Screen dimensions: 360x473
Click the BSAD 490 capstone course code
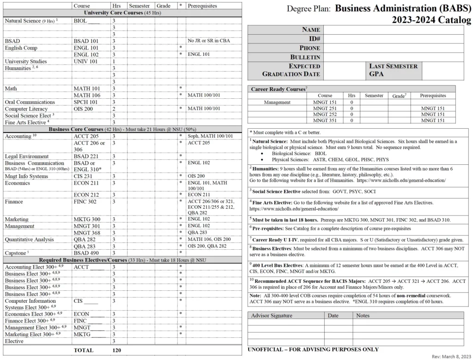86,253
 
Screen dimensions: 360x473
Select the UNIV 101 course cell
86,61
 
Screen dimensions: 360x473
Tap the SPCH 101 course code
86,102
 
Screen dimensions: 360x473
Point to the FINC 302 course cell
85,202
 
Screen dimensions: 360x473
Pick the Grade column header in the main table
163,6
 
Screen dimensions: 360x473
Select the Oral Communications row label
30,102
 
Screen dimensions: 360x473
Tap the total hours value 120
116,350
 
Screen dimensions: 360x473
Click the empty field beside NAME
393,30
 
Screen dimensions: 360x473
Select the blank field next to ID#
393,39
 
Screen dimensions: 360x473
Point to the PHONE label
309,48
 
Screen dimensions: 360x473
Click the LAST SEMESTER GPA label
393,70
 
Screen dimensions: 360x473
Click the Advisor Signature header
272,316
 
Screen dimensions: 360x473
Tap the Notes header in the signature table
363,316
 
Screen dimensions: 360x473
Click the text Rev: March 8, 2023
451,357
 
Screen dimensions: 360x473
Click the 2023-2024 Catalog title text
431,20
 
